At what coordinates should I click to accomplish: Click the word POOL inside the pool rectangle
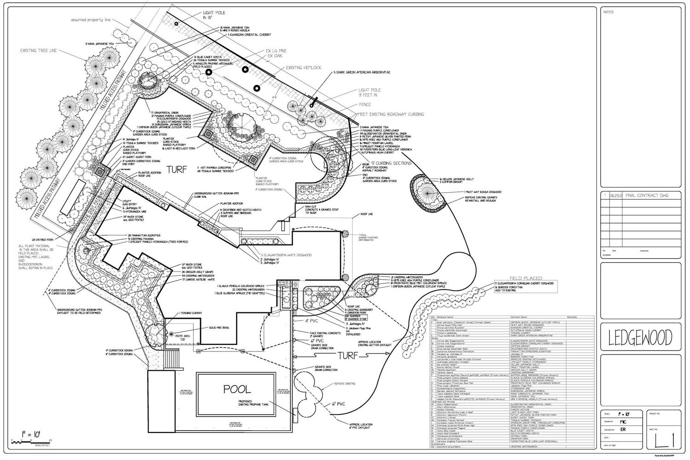pos(237,389)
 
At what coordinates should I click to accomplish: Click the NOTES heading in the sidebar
pos(609,12)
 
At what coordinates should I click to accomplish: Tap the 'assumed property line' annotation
pos(91,20)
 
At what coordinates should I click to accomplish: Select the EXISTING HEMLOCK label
pos(304,68)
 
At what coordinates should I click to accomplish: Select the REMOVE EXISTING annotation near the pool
pos(345,383)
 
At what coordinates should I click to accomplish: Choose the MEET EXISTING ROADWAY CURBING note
pos(390,114)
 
